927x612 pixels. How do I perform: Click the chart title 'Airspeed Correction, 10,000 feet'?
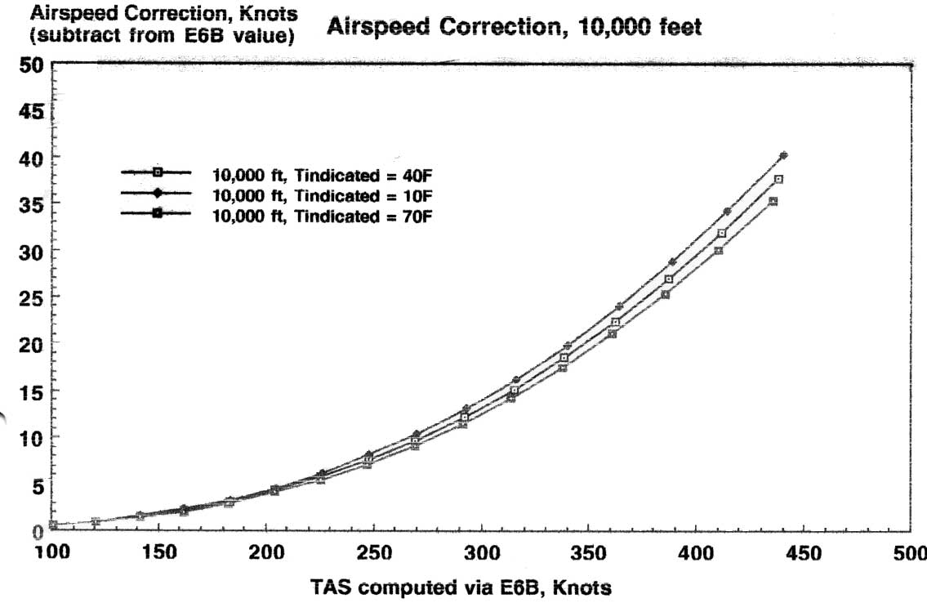[x=514, y=28]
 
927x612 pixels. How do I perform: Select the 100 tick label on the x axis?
[x=55, y=553]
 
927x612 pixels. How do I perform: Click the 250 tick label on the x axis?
[x=374, y=553]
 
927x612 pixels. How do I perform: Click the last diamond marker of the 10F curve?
[x=783, y=155]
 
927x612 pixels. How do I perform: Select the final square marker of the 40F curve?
[x=779, y=179]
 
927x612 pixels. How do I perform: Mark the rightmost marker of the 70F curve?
[x=773, y=201]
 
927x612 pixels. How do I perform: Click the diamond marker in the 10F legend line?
[x=157, y=193]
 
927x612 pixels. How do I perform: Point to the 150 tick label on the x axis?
[x=160, y=553]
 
